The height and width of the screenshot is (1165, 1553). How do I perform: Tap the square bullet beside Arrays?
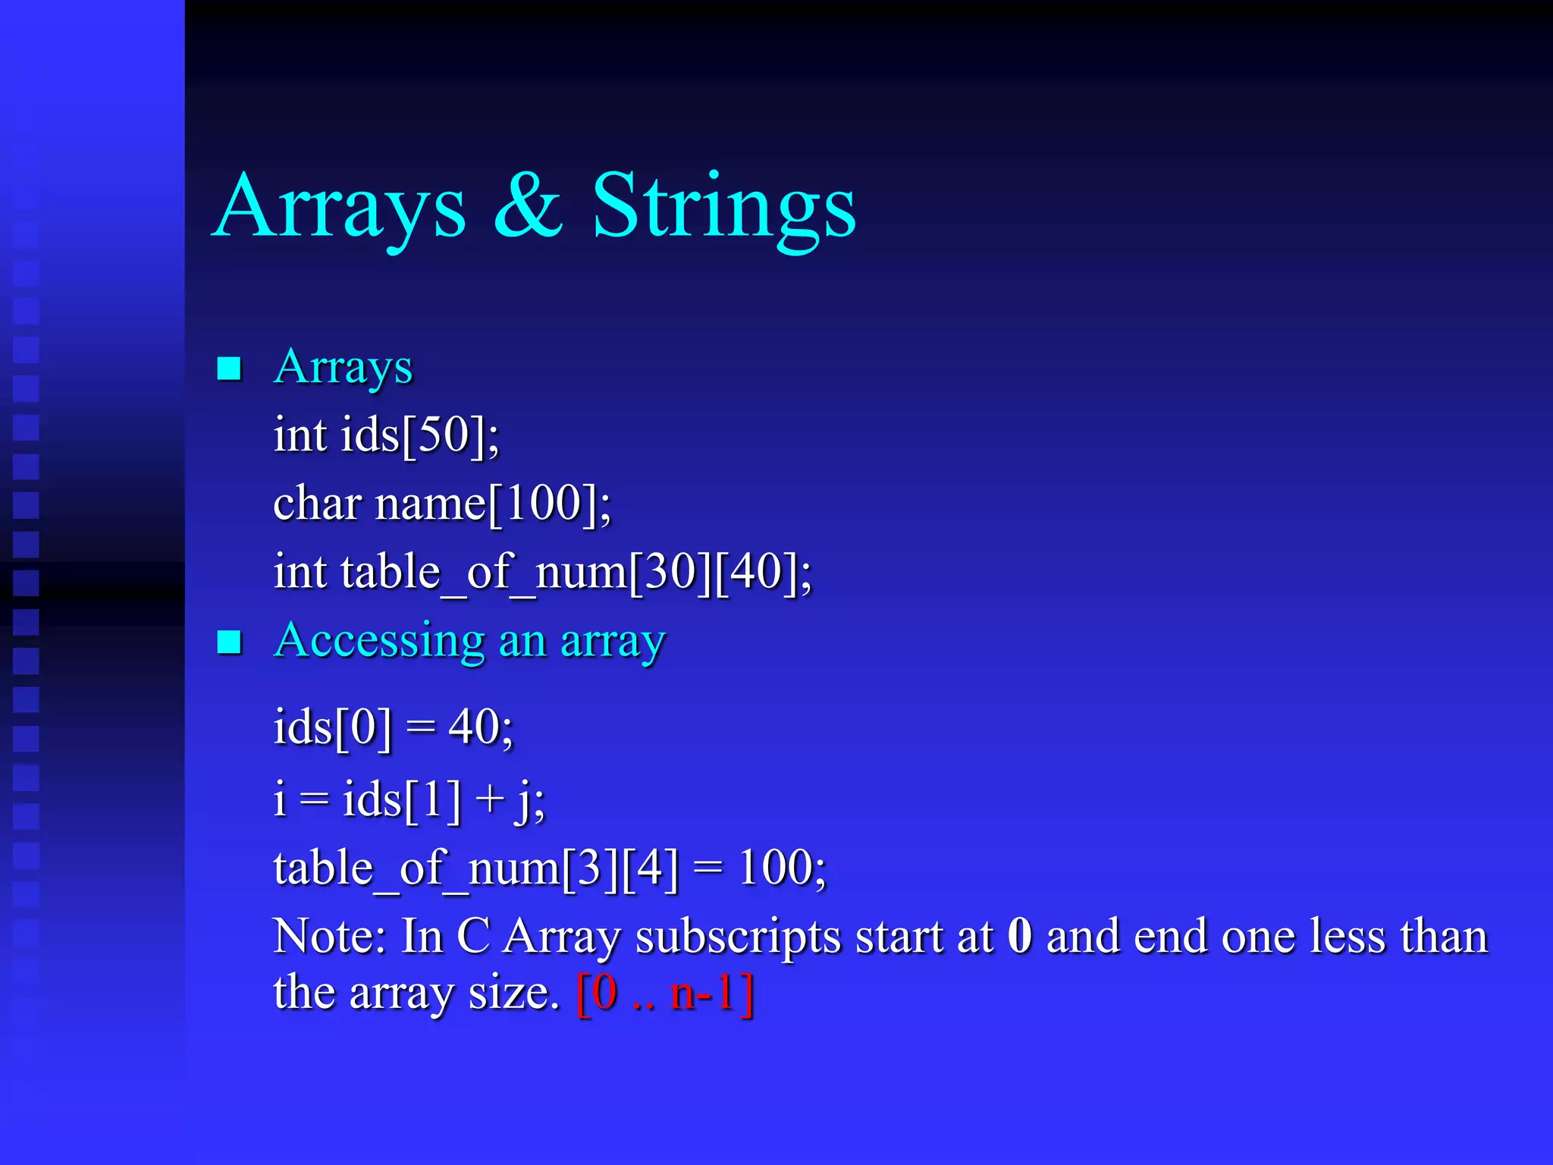point(229,369)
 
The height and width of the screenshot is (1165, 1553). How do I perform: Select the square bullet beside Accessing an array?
point(229,642)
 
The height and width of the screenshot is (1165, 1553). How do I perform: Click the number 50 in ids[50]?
point(444,435)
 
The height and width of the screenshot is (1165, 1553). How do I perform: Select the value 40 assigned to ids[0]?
point(473,727)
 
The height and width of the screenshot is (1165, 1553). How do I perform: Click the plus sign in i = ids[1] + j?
point(490,799)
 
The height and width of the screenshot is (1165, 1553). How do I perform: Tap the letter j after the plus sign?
point(523,801)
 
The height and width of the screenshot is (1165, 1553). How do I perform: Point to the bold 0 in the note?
point(1020,936)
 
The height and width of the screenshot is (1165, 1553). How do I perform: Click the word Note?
point(327,936)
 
